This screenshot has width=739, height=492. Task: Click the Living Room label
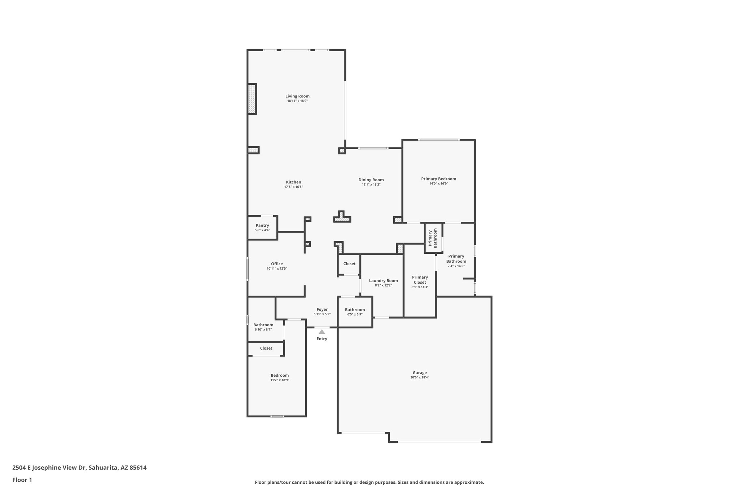pyautogui.click(x=297, y=96)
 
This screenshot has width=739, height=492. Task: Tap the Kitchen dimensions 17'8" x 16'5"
pyautogui.click(x=293, y=187)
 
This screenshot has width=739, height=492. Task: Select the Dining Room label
pyautogui.click(x=371, y=180)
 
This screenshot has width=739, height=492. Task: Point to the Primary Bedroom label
pyautogui.click(x=438, y=179)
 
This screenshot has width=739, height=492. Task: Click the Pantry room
pyautogui.click(x=262, y=227)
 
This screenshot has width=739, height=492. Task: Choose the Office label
pyautogui.click(x=277, y=264)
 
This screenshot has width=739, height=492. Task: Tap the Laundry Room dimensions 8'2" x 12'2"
pyautogui.click(x=383, y=285)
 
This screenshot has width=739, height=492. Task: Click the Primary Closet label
pyautogui.click(x=420, y=280)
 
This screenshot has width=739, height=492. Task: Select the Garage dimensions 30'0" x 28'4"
pyautogui.click(x=419, y=377)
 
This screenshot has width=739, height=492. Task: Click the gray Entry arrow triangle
pyautogui.click(x=322, y=332)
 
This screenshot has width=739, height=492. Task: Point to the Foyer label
pyautogui.click(x=322, y=310)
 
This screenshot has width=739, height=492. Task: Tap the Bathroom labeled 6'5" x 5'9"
pyautogui.click(x=355, y=312)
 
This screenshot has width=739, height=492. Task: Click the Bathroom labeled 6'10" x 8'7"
pyautogui.click(x=263, y=327)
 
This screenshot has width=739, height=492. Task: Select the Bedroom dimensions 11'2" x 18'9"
pyautogui.click(x=280, y=380)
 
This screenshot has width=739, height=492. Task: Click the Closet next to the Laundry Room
pyautogui.click(x=349, y=264)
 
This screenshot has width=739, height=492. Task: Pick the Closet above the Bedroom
pyautogui.click(x=266, y=348)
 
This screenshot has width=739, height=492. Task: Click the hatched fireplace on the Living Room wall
pyautogui.click(x=252, y=99)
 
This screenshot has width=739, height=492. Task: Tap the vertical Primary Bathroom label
pyautogui.click(x=433, y=238)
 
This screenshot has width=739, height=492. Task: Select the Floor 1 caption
pyautogui.click(x=22, y=480)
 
